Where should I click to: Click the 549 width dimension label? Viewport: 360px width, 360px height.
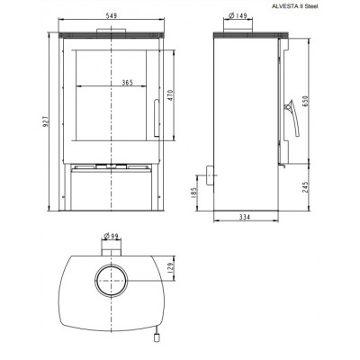112,15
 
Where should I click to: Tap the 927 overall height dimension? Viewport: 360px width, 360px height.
46,121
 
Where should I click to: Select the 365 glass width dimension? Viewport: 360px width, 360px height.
128,83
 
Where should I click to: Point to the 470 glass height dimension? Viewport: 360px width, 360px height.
171,95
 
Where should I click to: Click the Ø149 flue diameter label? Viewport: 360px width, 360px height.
238,15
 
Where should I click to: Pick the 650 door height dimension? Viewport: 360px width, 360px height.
305,102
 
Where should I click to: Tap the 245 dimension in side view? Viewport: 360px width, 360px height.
305,187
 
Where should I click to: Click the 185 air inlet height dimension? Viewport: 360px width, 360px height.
193,193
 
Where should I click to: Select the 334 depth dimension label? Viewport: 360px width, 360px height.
245,217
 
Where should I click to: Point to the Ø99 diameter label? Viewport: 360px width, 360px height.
111,236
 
